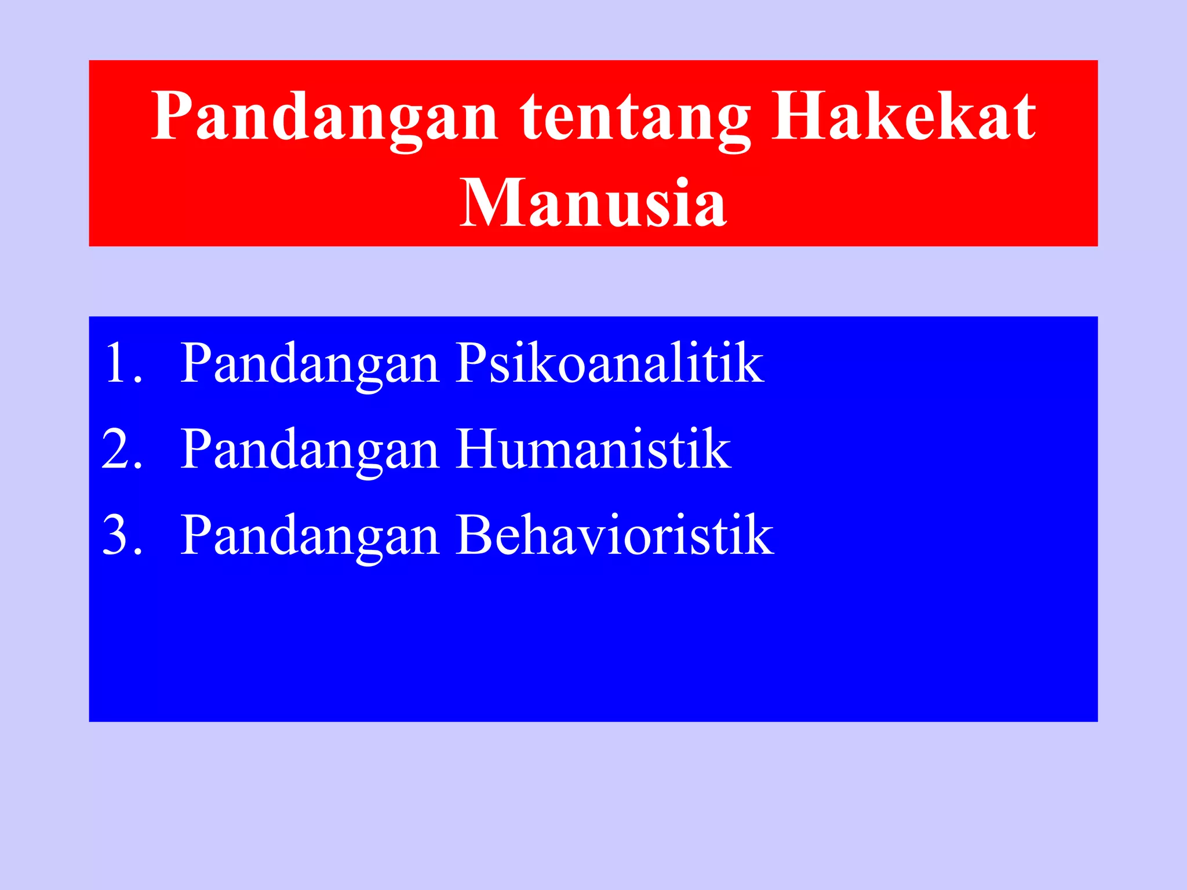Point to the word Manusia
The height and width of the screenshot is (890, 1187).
[592, 203]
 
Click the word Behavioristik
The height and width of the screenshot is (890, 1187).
[614, 535]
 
